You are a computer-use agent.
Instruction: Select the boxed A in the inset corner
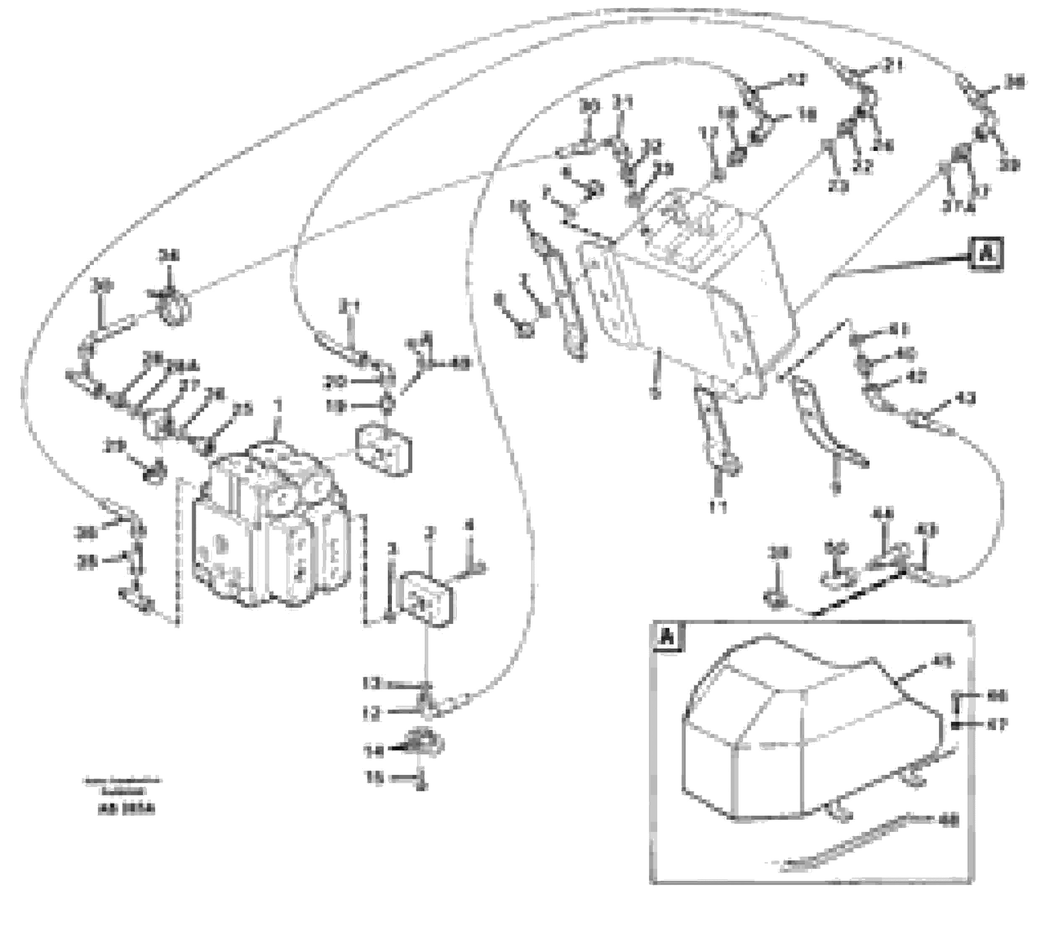click(667, 637)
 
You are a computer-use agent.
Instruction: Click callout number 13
click(371, 684)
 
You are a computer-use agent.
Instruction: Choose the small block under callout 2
click(425, 600)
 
